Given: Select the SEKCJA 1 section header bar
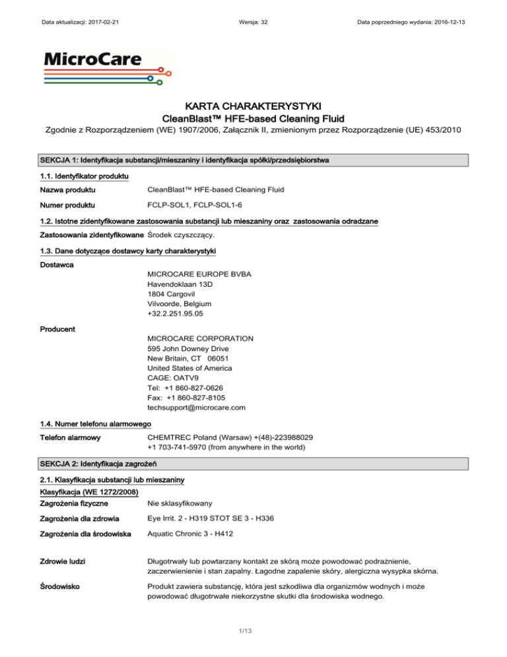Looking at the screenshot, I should click(x=253, y=161).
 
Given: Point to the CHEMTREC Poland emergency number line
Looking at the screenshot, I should click(x=230, y=437).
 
